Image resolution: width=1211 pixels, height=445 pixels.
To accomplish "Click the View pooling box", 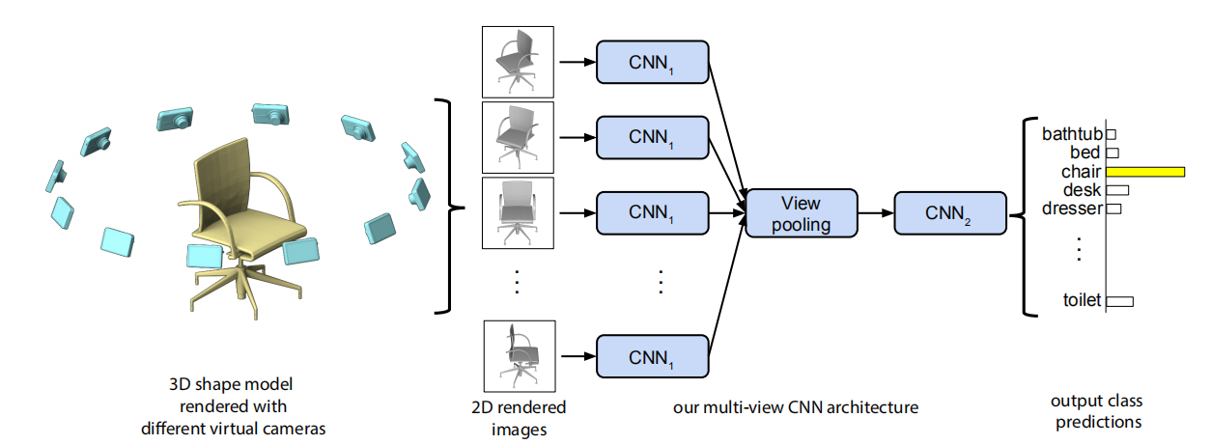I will point(801,212).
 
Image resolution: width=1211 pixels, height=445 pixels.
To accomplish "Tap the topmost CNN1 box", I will point(653,63).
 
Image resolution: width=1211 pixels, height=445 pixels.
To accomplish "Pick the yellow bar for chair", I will point(1146,171).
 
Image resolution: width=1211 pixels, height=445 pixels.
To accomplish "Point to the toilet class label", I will point(1082,301).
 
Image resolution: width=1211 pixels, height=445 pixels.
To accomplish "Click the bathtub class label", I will point(1072,134).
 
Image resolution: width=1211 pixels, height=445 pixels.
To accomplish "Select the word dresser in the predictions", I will point(1072,208).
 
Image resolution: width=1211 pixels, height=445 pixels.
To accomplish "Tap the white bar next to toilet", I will point(1119,301).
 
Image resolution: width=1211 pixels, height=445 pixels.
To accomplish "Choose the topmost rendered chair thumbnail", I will point(518,62).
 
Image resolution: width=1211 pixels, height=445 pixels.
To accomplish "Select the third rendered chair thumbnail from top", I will point(518,211).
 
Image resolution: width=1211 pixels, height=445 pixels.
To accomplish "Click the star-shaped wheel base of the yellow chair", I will point(226,290).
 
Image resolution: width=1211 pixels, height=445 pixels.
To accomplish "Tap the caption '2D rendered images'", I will point(519,417).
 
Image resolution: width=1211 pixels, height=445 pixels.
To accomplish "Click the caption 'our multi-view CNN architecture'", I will point(795,407).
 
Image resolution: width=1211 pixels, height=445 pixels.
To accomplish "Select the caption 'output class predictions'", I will point(1097,411).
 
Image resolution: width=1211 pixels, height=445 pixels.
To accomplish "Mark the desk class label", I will point(1082,189).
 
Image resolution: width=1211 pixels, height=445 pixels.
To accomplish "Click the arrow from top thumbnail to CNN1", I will point(576,63).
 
